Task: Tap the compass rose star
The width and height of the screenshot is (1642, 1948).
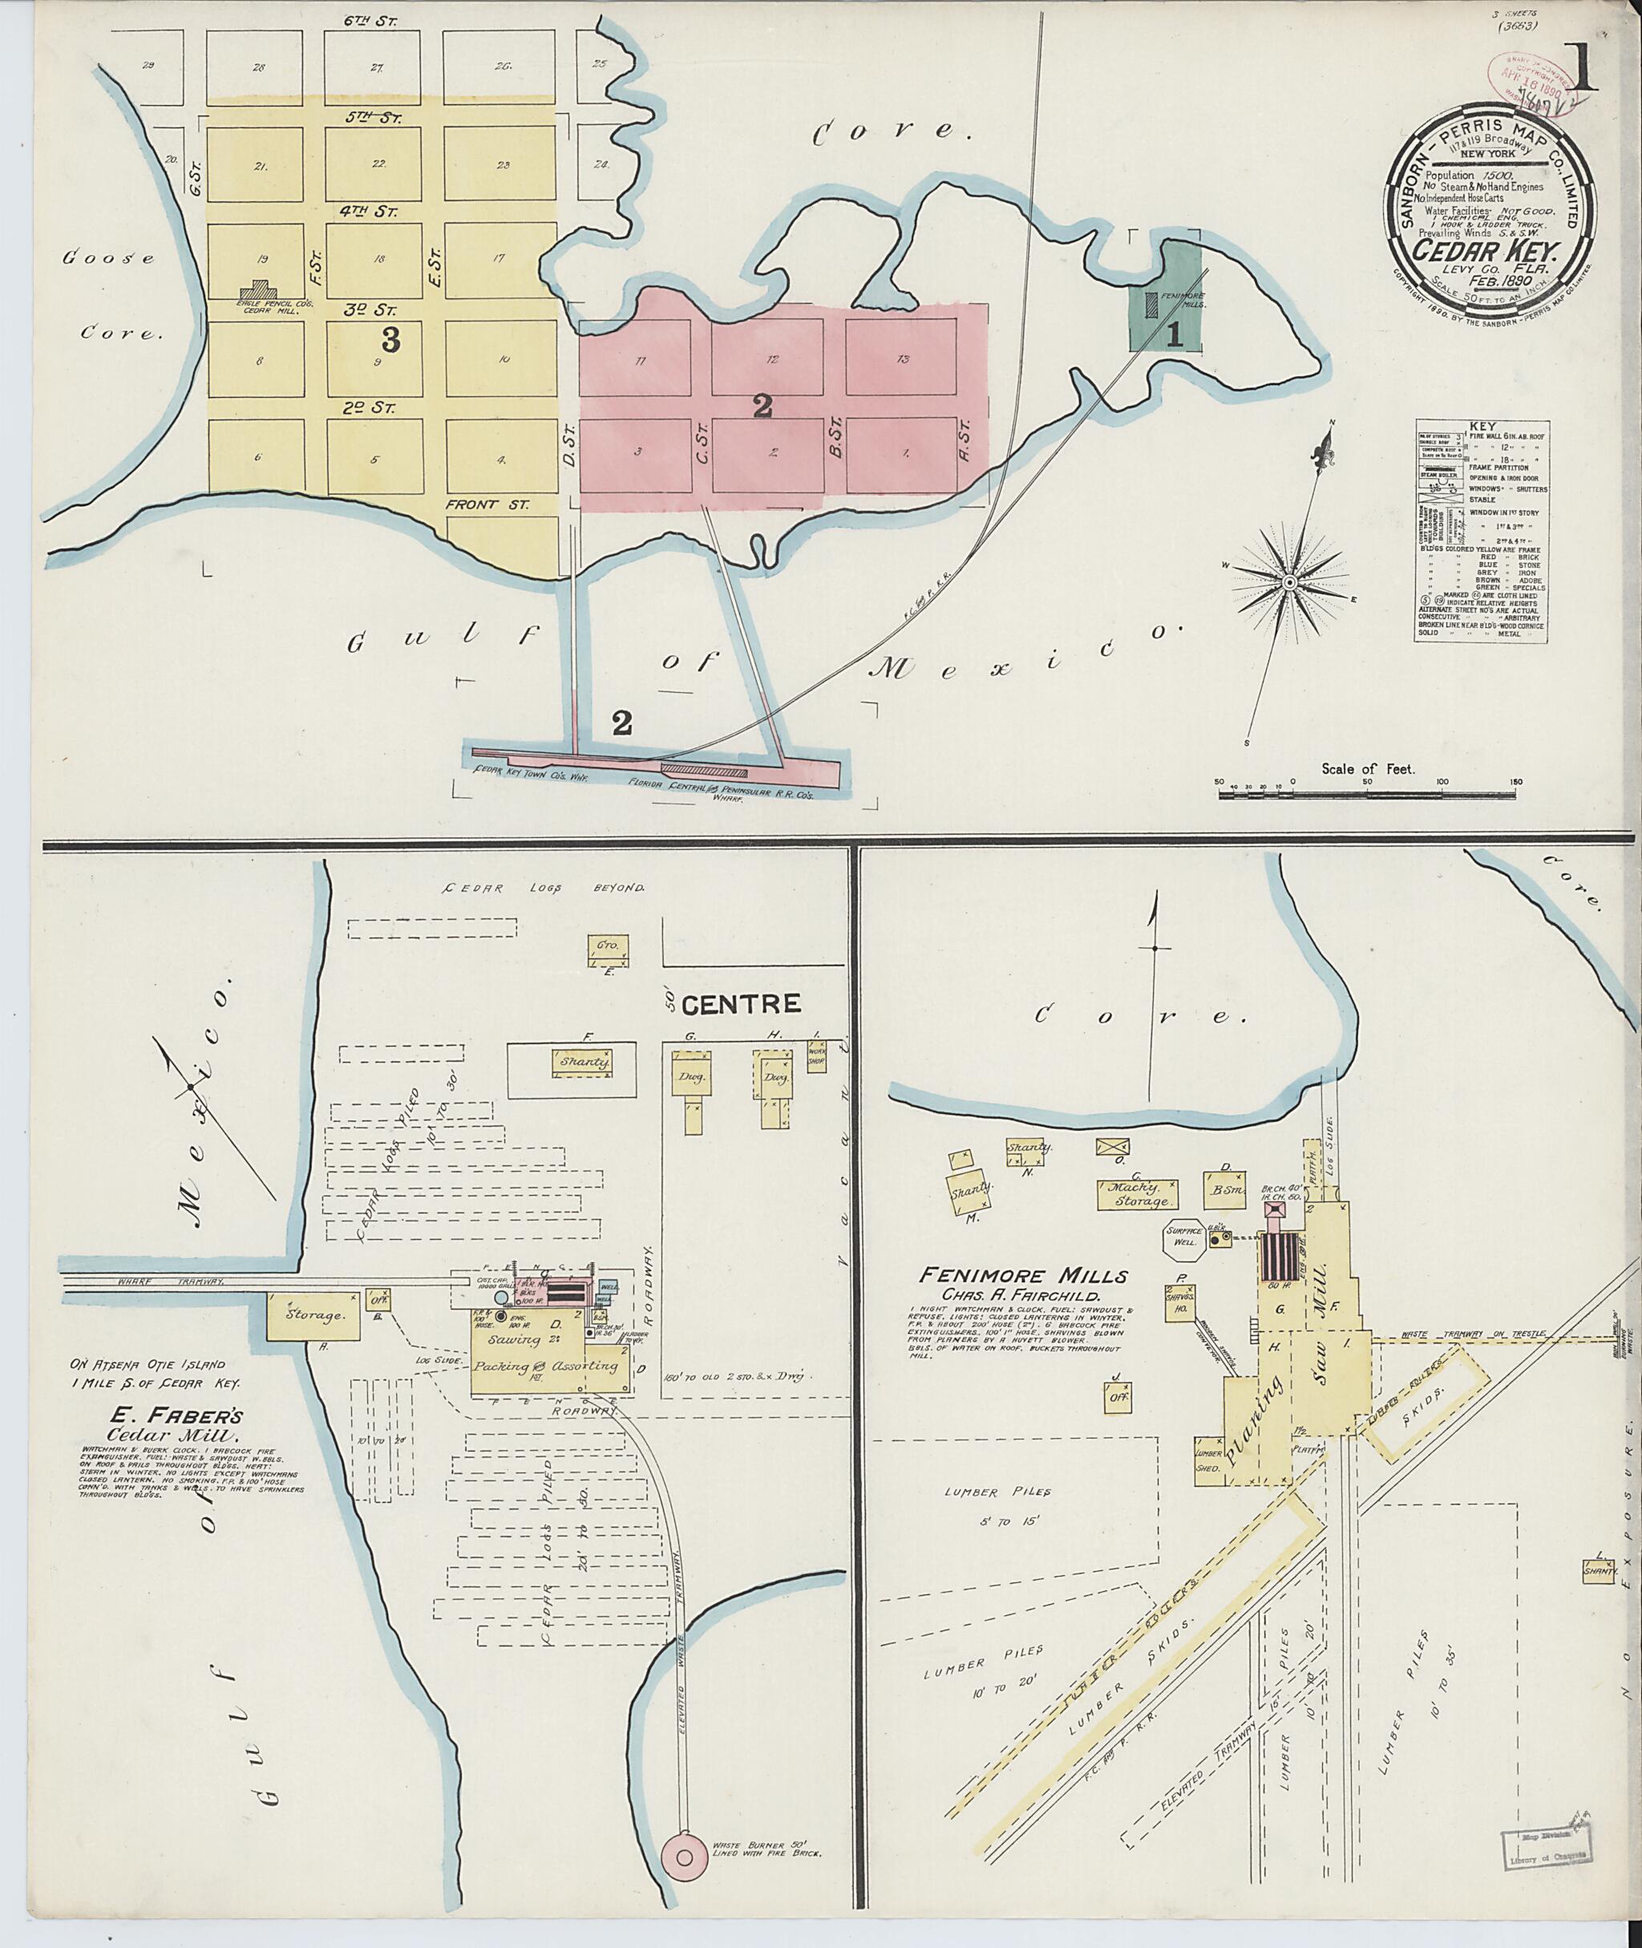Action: pos(1290,583)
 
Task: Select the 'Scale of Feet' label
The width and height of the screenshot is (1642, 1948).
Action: pos(1368,769)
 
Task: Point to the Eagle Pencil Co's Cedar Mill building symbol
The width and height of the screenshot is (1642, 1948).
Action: pos(265,290)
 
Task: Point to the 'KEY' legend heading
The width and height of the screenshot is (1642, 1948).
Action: pos(1480,426)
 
